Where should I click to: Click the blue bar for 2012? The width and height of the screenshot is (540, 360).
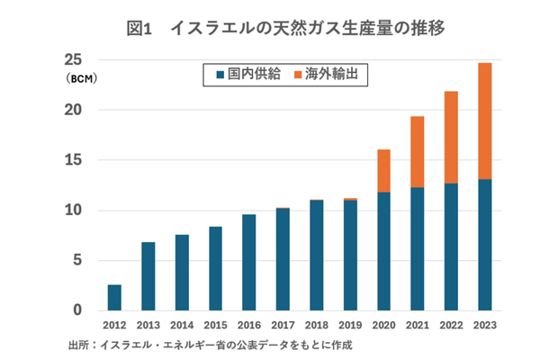[x=114, y=298]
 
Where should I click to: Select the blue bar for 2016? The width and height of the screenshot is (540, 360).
[x=248, y=263]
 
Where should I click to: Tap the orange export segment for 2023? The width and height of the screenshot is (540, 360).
[x=484, y=121]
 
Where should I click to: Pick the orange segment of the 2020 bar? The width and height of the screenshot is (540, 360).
[x=383, y=170]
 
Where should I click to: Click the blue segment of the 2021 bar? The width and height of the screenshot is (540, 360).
[x=417, y=248]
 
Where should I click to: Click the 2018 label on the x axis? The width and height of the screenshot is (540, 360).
[x=316, y=326]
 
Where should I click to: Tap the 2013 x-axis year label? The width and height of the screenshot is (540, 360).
[x=148, y=326]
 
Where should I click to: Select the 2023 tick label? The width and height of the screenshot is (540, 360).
[x=484, y=326]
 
